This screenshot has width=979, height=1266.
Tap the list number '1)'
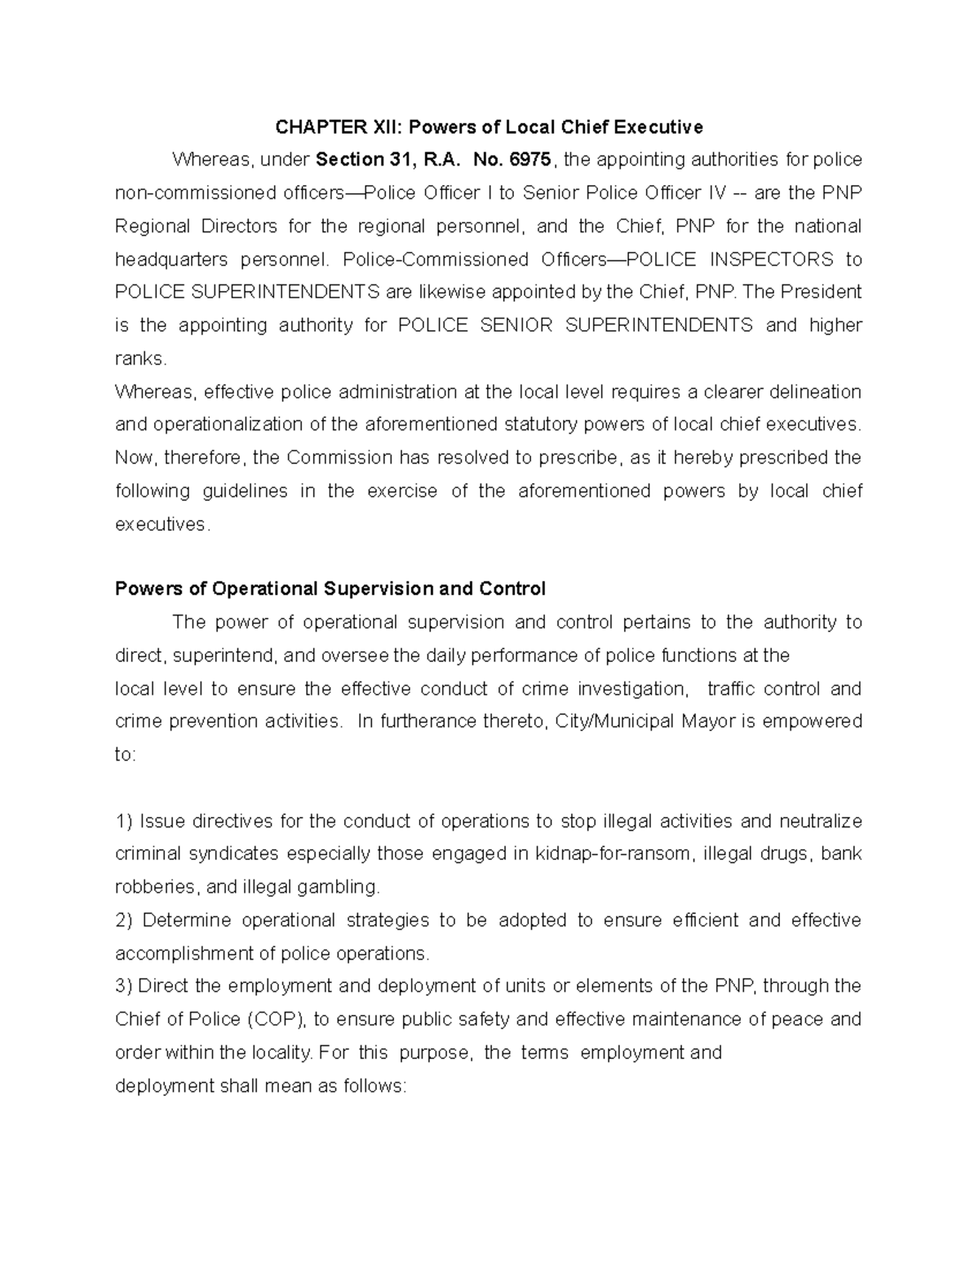click(x=124, y=821)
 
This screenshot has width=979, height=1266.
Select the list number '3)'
click(x=124, y=986)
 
